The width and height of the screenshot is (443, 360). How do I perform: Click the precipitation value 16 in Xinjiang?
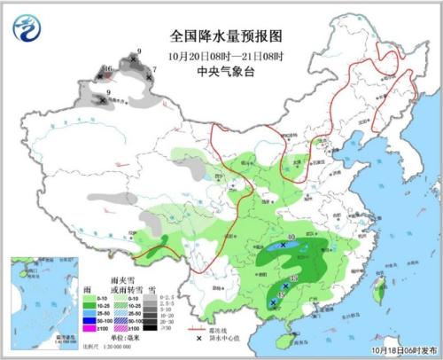pyautogui.click(x=107, y=69)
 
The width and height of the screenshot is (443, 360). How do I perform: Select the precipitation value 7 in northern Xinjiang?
pyautogui.click(x=155, y=69)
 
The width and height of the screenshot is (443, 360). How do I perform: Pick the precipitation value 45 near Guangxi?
pyautogui.click(x=282, y=295)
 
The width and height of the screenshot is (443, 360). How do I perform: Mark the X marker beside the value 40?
pyautogui.click(x=284, y=244)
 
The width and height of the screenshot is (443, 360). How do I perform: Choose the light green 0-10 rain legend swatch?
pyautogui.click(x=89, y=297)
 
